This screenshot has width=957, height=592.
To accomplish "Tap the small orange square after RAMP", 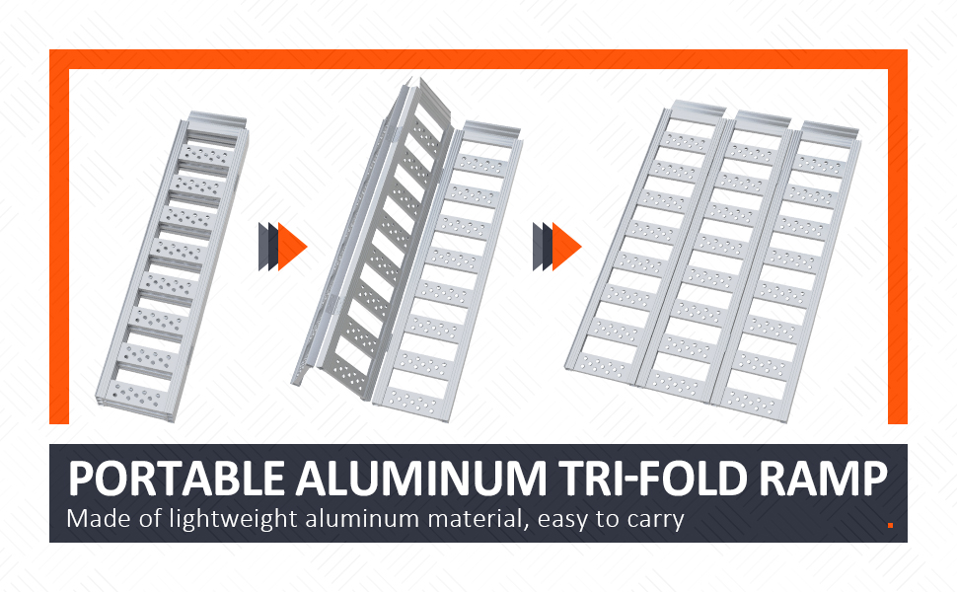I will click(x=890, y=525).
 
